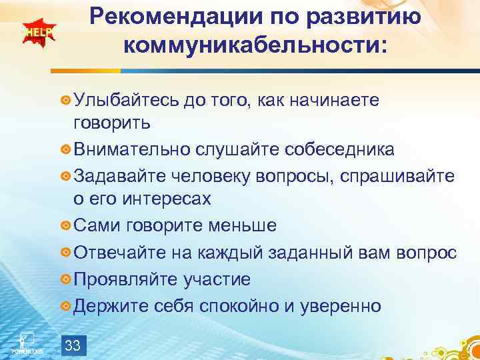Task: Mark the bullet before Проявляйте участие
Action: [x=65, y=279]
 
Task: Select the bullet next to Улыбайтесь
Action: [x=65, y=100]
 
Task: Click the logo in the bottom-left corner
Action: [x=25, y=341]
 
